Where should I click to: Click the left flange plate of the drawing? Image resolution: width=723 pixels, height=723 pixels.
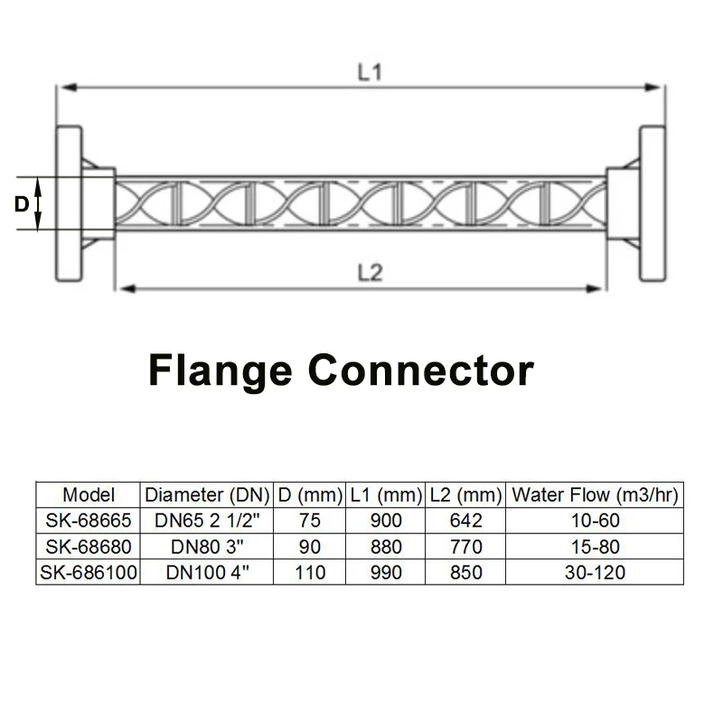(x=68, y=204)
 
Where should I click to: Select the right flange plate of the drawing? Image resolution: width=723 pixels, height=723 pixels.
(x=653, y=204)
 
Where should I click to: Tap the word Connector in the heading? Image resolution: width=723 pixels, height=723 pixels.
(x=421, y=370)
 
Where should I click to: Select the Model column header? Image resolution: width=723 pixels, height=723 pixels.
(x=89, y=495)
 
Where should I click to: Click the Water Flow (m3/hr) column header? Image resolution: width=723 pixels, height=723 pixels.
(x=595, y=495)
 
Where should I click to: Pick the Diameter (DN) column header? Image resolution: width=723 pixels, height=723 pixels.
(x=208, y=495)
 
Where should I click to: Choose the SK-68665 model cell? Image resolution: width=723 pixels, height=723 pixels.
(x=89, y=521)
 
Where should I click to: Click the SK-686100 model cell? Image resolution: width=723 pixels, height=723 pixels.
(x=89, y=572)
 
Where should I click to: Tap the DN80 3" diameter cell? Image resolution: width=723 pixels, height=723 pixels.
(x=208, y=547)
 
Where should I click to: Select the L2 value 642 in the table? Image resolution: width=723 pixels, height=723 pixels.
(x=465, y=521)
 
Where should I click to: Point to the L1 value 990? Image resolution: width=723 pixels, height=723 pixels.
(x=386, y=572)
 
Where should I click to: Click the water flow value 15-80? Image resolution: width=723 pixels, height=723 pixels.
(x=595, y=547)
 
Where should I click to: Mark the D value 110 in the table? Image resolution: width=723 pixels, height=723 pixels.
(x=310, y=572)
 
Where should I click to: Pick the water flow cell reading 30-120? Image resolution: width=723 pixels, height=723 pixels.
(x=595, y=572)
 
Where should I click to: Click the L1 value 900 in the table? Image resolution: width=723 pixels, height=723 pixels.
(x=386, y=521)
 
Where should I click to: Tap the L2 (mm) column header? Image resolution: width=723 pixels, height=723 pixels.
(x=465, y=495)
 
